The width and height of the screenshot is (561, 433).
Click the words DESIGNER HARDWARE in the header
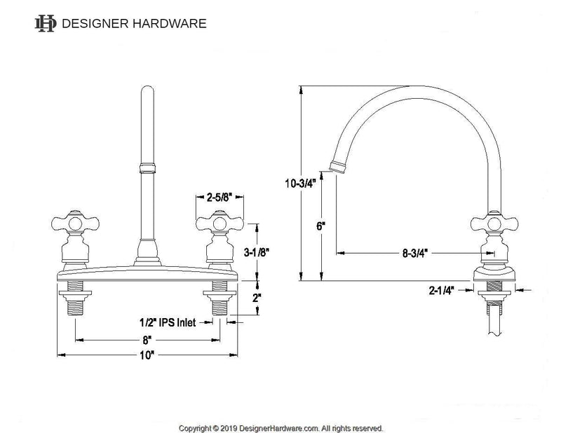coord(134,24)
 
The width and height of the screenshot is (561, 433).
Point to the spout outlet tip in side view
coord(337,167)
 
